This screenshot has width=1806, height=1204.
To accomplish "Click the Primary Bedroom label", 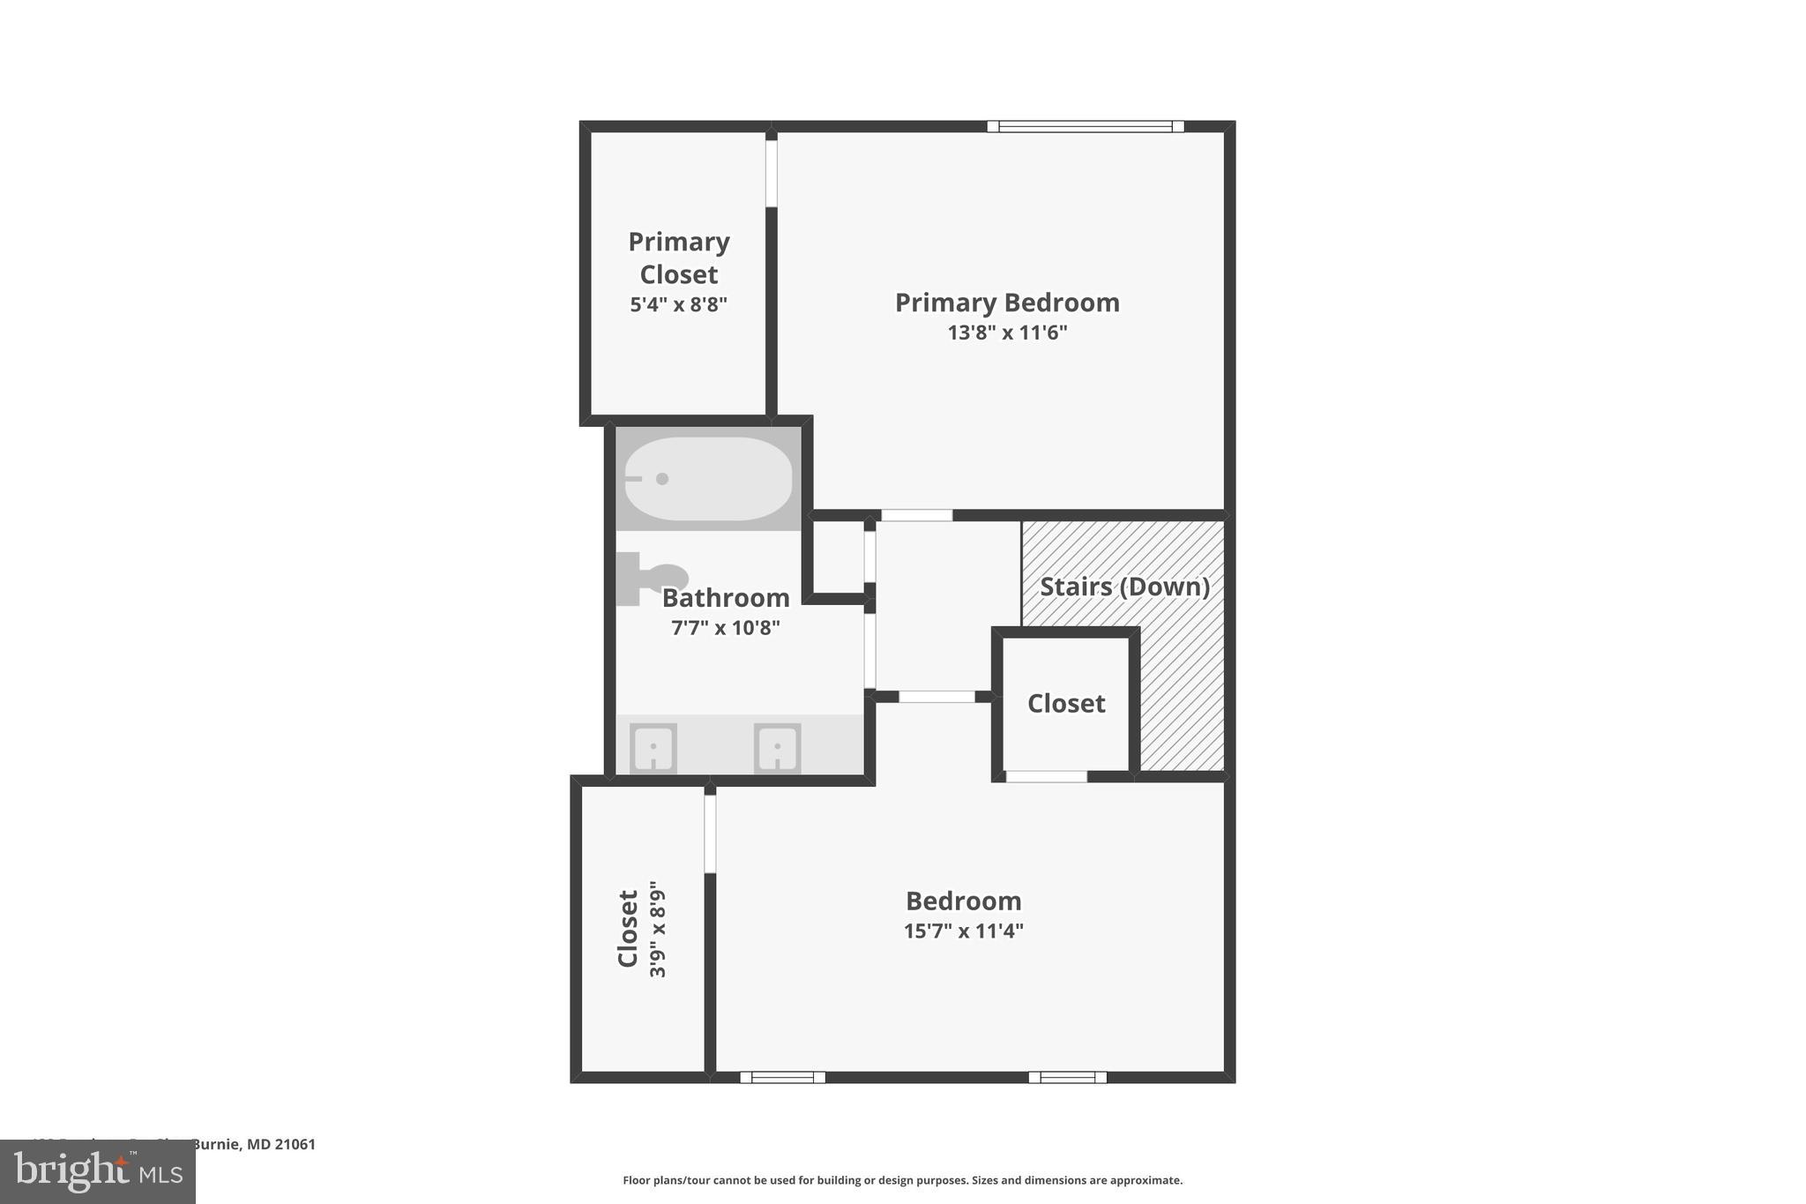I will pyautogui.click(x=1007, y=303).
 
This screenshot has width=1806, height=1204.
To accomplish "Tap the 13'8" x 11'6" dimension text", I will pyautogui.click(x=1007, y=333).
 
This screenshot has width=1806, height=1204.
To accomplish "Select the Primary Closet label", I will pyautogui.click(x=678, y=258).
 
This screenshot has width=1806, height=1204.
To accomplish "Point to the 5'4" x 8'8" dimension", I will pyautogui.click(x=678, y=305).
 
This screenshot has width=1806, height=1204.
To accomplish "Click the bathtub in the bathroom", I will pyautogui.click(x=708, y=478).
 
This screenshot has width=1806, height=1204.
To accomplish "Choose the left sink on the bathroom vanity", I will pyautogui.click(x=653, y=748).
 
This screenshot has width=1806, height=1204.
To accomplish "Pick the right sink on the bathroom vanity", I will pyautogui.click(x=777, y=748).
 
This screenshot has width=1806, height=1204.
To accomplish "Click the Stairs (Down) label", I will pyautogui.click(x=1124, y=587).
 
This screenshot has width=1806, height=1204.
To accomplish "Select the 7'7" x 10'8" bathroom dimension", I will pyautogui.click(x=725, y=628).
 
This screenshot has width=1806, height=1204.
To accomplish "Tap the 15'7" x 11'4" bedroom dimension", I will pyautogui.click(x=963, y=931).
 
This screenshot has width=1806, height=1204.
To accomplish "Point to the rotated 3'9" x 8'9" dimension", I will pyautogui.click(x=658, y=929).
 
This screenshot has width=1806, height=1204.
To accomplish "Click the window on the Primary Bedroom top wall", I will pyautogui.click(x=1085, y=126).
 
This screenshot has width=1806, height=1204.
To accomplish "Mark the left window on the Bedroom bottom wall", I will pyautogui.click(x=782, y=1077).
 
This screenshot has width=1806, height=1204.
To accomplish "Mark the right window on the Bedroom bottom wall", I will pyautogui.click(x=1067, y=1077).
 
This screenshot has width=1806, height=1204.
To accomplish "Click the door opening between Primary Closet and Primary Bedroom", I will pyautogui.click(x=772, y=173).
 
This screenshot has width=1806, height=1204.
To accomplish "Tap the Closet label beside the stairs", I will pyautogui.click(x=1066, y=703).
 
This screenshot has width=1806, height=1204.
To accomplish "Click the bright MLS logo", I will pyautogui.click(x=98, y=1171).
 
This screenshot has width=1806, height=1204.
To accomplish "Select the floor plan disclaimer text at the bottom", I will pyautogui.click(x=902, y=1180).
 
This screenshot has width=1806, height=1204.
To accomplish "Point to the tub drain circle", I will pyautogui.click(x=662, y=479).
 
